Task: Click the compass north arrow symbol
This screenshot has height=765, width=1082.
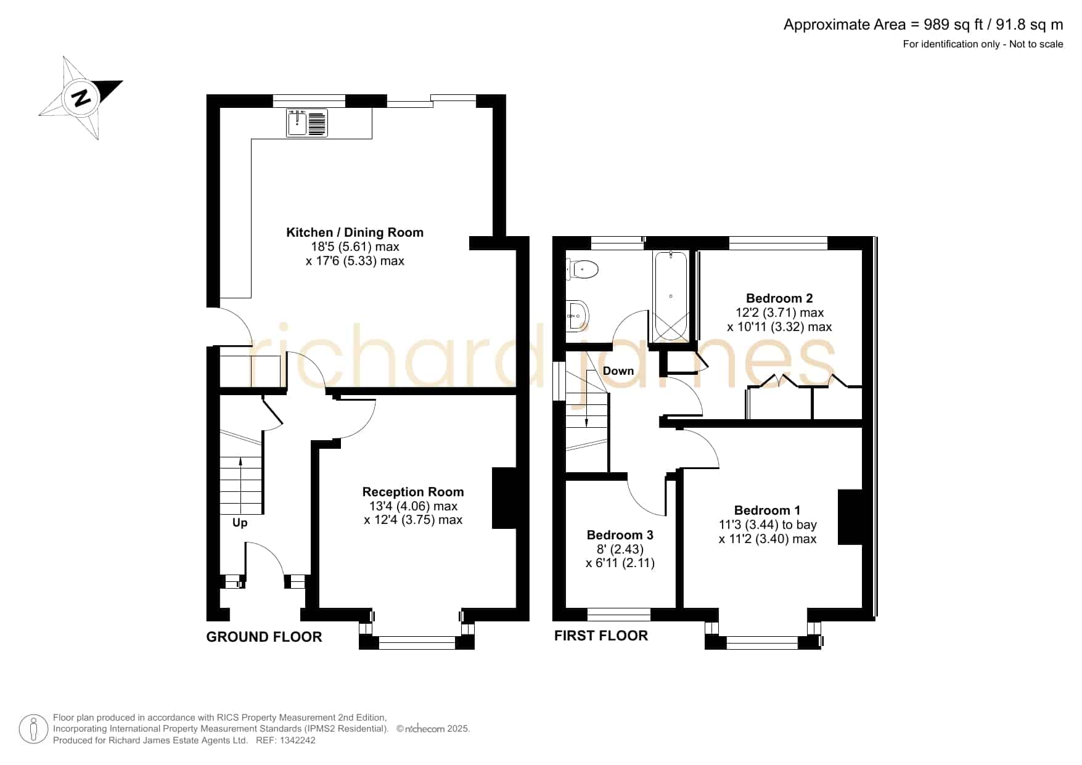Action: tap(81, 98)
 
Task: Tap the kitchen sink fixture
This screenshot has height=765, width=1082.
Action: tap(307, 123)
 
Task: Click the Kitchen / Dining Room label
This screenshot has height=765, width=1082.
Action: tap(355, 232)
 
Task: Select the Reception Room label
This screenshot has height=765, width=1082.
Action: tap(413, 492)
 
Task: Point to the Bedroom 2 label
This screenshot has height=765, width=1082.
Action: tap(779, 298)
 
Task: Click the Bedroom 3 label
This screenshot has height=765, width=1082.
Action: tap(620, 535)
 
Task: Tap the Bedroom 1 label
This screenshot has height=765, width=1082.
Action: tap(767, 510)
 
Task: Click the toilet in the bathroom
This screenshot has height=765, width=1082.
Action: tap(582, 269)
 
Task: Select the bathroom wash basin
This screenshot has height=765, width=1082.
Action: tap(578, 316)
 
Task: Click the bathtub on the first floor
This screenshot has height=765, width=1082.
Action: tap(671, 296)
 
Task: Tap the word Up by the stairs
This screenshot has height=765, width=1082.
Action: tap(240, 523)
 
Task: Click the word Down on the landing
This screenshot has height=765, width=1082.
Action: tap(618, 370)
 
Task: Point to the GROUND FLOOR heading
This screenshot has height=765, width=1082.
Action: tap(264, 637)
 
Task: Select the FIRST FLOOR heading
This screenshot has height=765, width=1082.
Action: tap(601, 636)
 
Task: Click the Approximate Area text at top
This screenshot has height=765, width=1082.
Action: tap(923, 25)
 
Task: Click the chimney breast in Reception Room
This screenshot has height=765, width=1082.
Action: tap(504, 498)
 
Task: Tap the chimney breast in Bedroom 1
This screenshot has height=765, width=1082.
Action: tap(850, 517)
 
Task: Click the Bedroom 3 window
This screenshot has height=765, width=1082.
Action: tap(618, 614)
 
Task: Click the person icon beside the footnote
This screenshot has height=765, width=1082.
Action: tap(33, 729)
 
